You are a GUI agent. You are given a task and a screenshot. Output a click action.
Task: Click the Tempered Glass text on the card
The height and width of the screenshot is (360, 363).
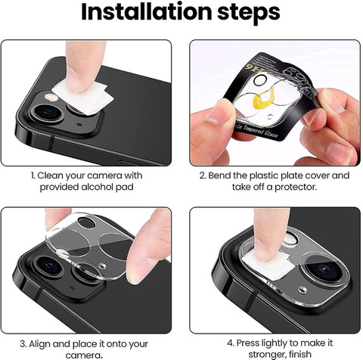pos(269,135)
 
